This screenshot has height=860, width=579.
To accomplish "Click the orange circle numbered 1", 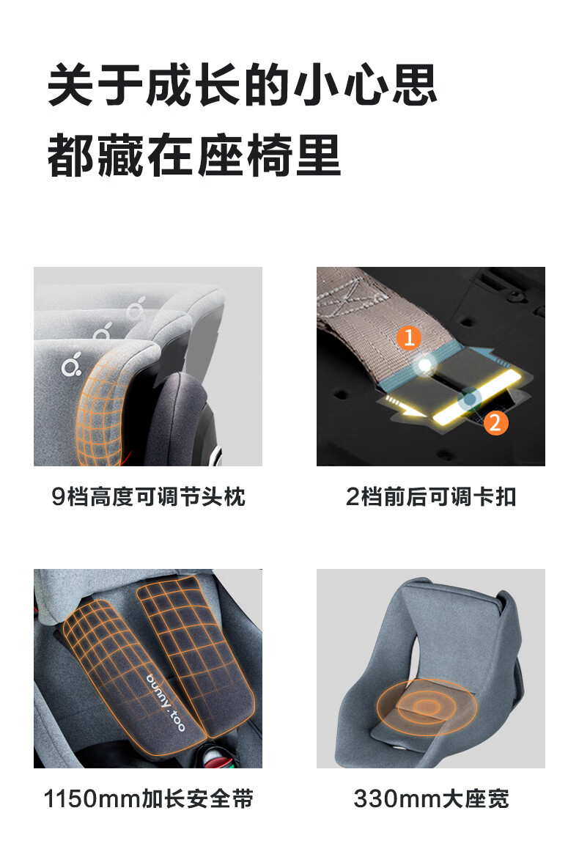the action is coord(408,337).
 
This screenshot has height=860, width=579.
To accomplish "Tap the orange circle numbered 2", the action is coord(495,422).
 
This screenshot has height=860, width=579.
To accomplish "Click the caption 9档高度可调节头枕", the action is coord(148,497).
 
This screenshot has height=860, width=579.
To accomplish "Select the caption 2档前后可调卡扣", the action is coord(431,497).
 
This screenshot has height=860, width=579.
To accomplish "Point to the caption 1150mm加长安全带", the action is coord(148,798).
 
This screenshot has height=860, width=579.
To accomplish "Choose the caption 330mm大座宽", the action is coord(431,798).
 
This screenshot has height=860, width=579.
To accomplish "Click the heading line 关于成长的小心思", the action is coord(243,84).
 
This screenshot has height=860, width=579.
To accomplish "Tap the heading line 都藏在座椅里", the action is coord(195,155).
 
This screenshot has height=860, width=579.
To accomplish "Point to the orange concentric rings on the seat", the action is coord(427,707).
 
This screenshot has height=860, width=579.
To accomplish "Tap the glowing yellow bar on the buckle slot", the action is coord(476,396).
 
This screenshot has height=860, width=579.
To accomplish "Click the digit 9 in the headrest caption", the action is coord(58,498).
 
